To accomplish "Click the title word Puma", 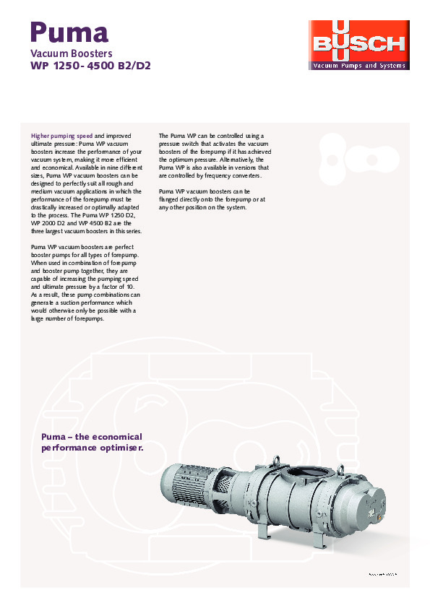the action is [69, 31].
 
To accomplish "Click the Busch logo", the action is [358, 45].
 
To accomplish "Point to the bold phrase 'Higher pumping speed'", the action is [61, 135].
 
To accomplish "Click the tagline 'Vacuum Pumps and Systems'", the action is [358, 66].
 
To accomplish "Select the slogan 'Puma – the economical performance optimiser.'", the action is [92, 442].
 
